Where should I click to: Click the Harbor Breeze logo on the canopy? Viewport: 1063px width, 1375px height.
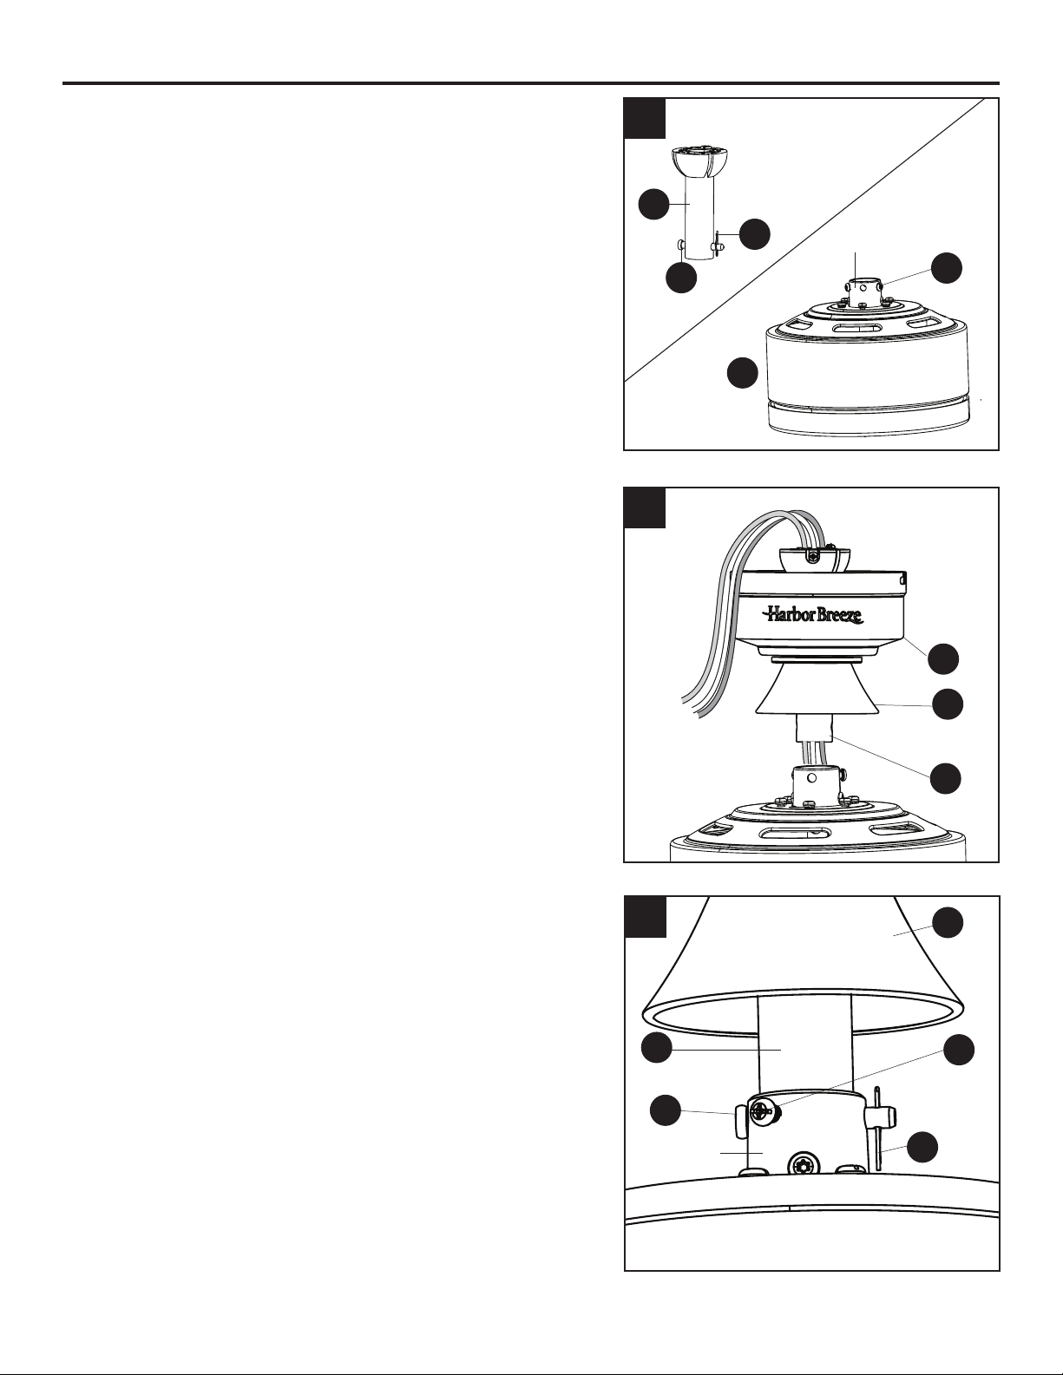click(x=813, y=614)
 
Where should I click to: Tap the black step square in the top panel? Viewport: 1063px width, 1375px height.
click(x=644, y=118)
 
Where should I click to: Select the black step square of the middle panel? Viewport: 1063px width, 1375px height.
click(x=644, y=507)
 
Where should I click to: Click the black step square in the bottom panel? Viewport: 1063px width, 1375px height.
click(x=646, y=916)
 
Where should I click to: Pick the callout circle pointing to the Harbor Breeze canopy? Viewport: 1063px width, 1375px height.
click(x=943, y=658)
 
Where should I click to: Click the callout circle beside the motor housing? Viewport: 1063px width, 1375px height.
click(x=742, y=373)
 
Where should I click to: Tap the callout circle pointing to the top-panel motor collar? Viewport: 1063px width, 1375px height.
click(x=947, y=268)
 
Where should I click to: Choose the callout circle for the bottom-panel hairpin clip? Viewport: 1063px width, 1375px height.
click(x=923, y=1149)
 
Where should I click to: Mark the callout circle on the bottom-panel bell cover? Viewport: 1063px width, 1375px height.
click(x=948, y=923)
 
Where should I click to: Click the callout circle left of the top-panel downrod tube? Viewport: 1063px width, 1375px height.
click(x=653, y=204)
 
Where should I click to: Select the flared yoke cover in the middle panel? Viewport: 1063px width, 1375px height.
click(x=817, y=691)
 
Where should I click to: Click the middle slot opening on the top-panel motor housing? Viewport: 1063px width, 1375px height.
click(x=850, y=330)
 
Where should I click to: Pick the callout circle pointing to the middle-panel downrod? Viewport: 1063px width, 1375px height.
click(x=945, y=777)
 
